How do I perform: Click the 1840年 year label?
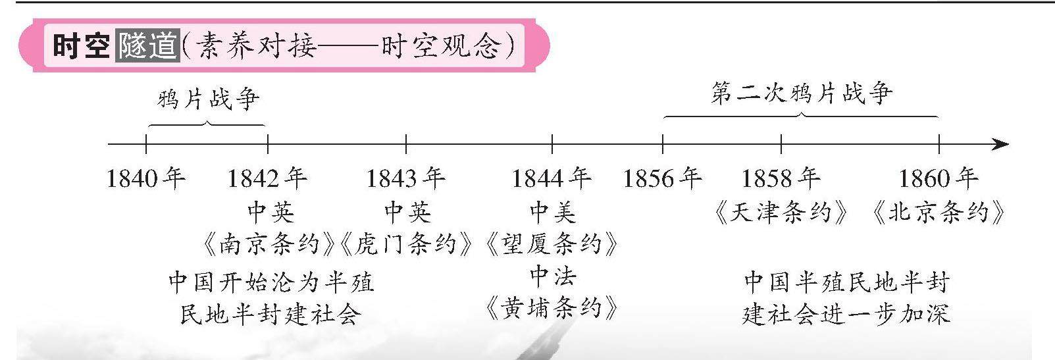click(x=146, y=178)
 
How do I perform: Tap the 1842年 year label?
click(x=267, y=178)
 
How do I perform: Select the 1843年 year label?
click(x=405, y=178)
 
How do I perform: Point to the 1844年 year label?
click(x=552, y=178)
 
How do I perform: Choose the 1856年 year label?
click(x=662, y=178)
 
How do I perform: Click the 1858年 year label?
click(x=781, y=178)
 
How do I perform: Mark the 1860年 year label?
click(x=939, y=178)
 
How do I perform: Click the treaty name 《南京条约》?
click(x=270, y=245)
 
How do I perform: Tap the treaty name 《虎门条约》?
click(x=407, y=245)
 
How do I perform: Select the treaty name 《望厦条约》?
click(x=552, y=245)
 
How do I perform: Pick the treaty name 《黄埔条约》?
click(x=552, y=308)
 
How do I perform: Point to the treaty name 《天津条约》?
click(x=781, y=213)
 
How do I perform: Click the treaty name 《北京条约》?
click(x=939, y=213)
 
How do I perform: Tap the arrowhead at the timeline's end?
click(x=1000, y=144)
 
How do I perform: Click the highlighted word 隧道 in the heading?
click(x=147, y=46)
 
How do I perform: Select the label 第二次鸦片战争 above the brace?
click(x=802, y=93)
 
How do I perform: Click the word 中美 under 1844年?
click(x=552, y=213)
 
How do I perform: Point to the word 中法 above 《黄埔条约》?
click(x=552, y=276)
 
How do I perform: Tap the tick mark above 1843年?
click(x=406, y=143)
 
